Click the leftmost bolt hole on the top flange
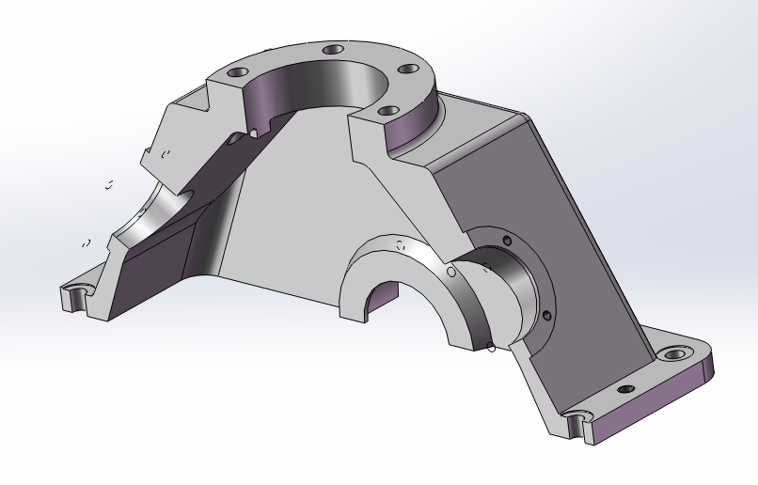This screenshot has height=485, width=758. (239, 71)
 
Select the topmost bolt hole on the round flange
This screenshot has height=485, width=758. (331, 50)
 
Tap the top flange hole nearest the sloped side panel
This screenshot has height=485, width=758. (407, 69)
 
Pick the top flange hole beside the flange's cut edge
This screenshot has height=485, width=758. (387, 111)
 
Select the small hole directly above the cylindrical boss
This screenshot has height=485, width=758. (507, 242)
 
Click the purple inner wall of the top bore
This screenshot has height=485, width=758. (282, 94)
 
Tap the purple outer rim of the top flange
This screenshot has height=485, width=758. (414, 127)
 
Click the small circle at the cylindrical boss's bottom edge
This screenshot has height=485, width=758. (491, 352)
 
